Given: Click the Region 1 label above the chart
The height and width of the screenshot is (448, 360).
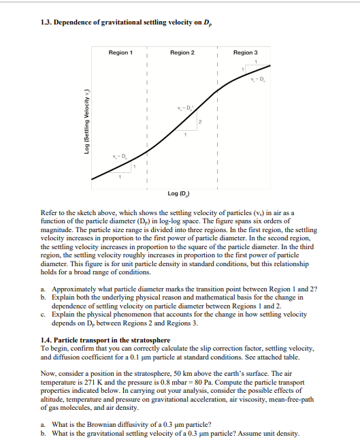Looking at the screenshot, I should pyautogui.click(x=120, y=52).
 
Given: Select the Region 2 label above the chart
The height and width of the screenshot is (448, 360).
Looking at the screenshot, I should pyautogui.click(x=182, y=52).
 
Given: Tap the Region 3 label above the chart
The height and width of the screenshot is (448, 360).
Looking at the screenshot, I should pyautogui.click(x=245, y=52).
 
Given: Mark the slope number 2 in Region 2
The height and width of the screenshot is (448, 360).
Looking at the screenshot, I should pyautogui.click(x=200, y=121).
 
